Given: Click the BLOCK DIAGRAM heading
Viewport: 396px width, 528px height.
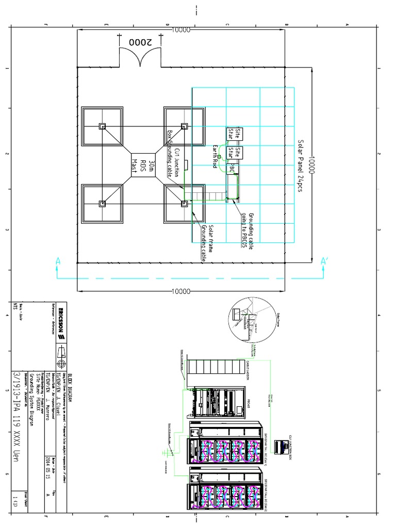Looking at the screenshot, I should [72, 378].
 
